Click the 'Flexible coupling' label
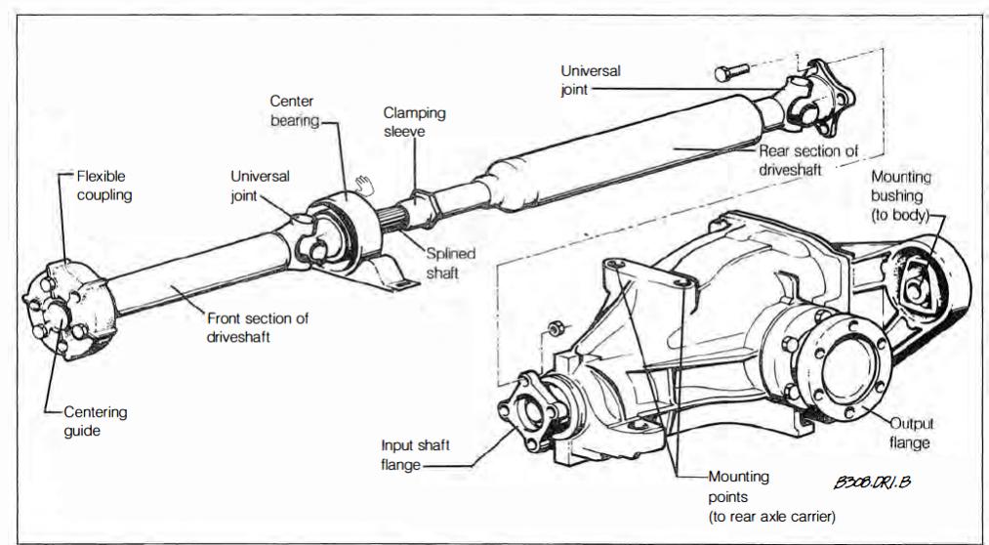tap(102, 186)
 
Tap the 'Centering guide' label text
tap(96, 421)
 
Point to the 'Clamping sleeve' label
tap(414, 121)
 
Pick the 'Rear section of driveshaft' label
tap(809, 159)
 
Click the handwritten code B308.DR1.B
tap(872, 482)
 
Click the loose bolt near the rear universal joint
tap(731, 71)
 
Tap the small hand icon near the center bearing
tap(365, 181)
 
